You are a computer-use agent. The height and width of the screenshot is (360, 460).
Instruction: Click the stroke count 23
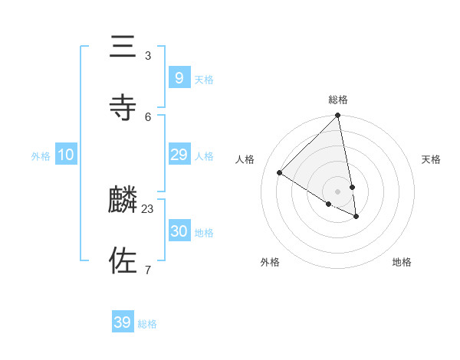coord(148,208)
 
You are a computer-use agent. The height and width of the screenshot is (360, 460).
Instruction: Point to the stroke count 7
coord(148,270)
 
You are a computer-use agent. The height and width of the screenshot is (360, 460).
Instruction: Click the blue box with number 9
coord(179,77)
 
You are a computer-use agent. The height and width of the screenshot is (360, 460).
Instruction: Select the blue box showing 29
coord(179,155)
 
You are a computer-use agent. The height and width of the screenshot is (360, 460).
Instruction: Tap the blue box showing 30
coord(179,231)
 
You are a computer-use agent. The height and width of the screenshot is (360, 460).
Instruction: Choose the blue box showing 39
coord(123,322)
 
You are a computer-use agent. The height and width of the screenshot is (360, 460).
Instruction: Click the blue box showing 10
coord(66,155)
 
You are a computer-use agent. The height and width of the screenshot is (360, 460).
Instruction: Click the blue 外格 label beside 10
coord(41,155)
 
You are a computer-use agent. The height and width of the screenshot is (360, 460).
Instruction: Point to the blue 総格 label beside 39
coord(147,324)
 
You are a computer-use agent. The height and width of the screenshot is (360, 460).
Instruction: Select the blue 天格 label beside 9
coord(204,80)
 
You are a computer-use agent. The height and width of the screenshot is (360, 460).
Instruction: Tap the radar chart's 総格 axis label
coord(338,100)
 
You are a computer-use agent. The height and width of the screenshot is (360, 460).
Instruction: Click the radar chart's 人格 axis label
coord(245,159)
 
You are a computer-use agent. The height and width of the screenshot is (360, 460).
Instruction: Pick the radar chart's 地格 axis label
coord(402,262)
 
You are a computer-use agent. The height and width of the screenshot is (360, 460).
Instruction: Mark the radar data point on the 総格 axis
coord(338,116)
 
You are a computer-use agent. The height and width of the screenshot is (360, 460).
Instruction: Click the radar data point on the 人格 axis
coord(280,172)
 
